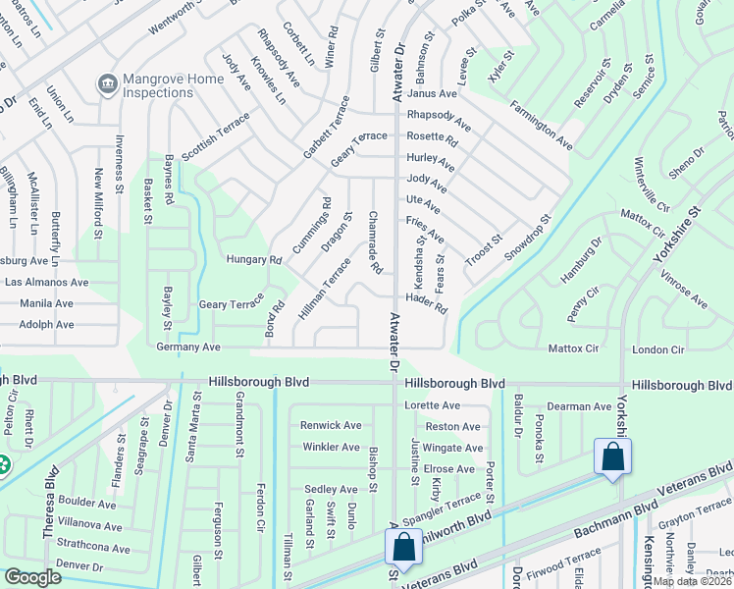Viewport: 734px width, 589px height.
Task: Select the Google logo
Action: click(x=33, y=576)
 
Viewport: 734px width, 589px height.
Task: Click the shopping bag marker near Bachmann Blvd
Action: click(x=613, y=457)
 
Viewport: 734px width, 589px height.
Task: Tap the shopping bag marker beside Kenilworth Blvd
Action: click(x=402, y=549)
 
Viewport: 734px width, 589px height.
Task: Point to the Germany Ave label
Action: click(x=188, y=348)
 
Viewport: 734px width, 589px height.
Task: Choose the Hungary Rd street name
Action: click(x=253, y=260)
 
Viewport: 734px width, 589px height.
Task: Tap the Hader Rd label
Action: click(x=426, y=302)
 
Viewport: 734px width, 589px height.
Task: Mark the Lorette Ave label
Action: click(x=432, y=405)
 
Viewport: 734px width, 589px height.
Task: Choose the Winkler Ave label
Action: click(x=332, y=447)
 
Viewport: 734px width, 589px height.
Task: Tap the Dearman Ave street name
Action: click(x=580, y=405)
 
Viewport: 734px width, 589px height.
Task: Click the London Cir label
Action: click(x=657, y=349)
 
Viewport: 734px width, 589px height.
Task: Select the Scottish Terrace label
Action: click(x=216, y=134)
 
